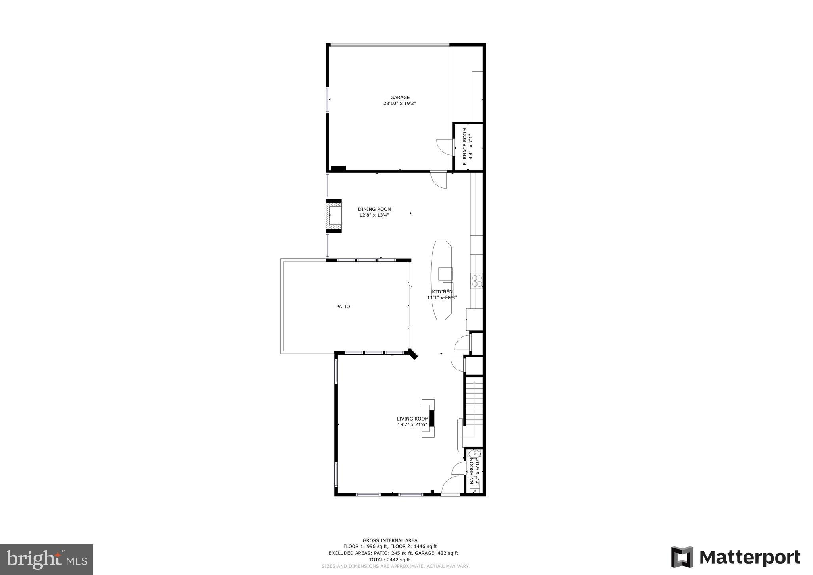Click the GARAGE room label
tap(400, 98)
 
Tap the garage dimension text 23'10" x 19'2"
tap(399, 104)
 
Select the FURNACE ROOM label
tap(465, 147)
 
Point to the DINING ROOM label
tap(374, 209)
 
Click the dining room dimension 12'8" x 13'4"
tap(374, 215)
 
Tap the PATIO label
tap(343, 307)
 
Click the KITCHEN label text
tap(442, 292)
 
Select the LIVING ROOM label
tap(412, 419)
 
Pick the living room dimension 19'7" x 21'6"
tap(412, 424)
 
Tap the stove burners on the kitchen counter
tap(476, 281)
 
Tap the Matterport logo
tap(735, 558)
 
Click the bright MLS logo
tap(46, 560)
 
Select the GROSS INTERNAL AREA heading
tap(390, 540)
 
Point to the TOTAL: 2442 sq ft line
tap(389, 560)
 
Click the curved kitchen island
tap(442, 280)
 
